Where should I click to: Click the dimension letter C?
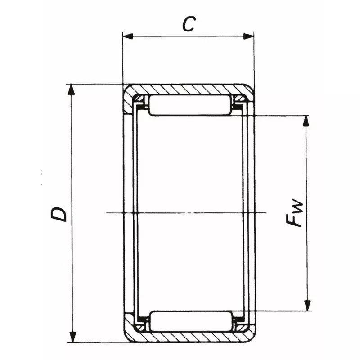pyautogui.click(x=189, y=24)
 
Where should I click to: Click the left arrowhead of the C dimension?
pyautogui.click(x=127, y=36)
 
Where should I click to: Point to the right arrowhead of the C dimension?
pyautogui.click(x=250, y=36)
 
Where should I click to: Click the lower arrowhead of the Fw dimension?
pyautogui.click(x=307, y=306)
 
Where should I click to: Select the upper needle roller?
pyautogui.click(x=189, y=105)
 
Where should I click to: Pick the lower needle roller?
pyautogui.click(x=189, y=321)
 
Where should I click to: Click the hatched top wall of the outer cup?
pyautogui.click(x=189, y=89)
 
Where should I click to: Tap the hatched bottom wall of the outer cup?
pyautogui.click(x=189, y=337)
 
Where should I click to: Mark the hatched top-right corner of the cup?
pyautogui.click(x=249, y=94)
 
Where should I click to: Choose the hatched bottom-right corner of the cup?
pyautogui.click(x=249, y=332)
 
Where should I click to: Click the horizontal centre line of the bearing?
pyautogui.click(x=189, y=212)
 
